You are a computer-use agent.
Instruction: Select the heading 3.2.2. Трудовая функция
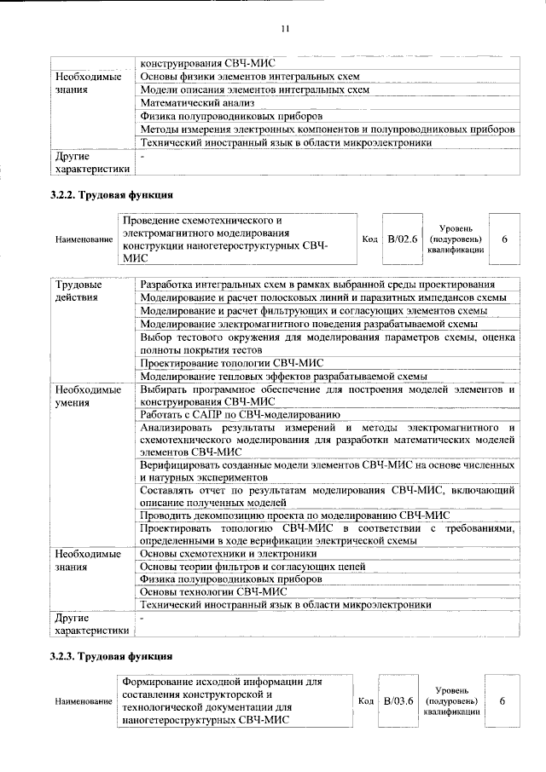tap(112, 196)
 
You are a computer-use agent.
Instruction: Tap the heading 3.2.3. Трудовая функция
tap(112, 656)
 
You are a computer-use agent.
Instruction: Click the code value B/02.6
tap(402, 239)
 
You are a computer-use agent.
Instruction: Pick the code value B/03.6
tap(398, 700)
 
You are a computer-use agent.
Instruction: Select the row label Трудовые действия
tap(78, 290)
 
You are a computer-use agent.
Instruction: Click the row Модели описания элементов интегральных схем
tap(255, 89)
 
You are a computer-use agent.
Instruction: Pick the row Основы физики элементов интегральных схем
tap(250, 76)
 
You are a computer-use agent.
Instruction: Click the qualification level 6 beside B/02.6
tap(504, 239)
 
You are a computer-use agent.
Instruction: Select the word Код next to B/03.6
tap(365, 701)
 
